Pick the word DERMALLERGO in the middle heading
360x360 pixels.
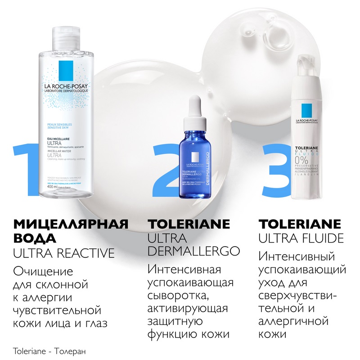194,250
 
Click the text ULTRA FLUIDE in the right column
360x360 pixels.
301,237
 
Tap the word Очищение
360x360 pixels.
43,272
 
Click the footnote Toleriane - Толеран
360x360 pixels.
49,351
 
